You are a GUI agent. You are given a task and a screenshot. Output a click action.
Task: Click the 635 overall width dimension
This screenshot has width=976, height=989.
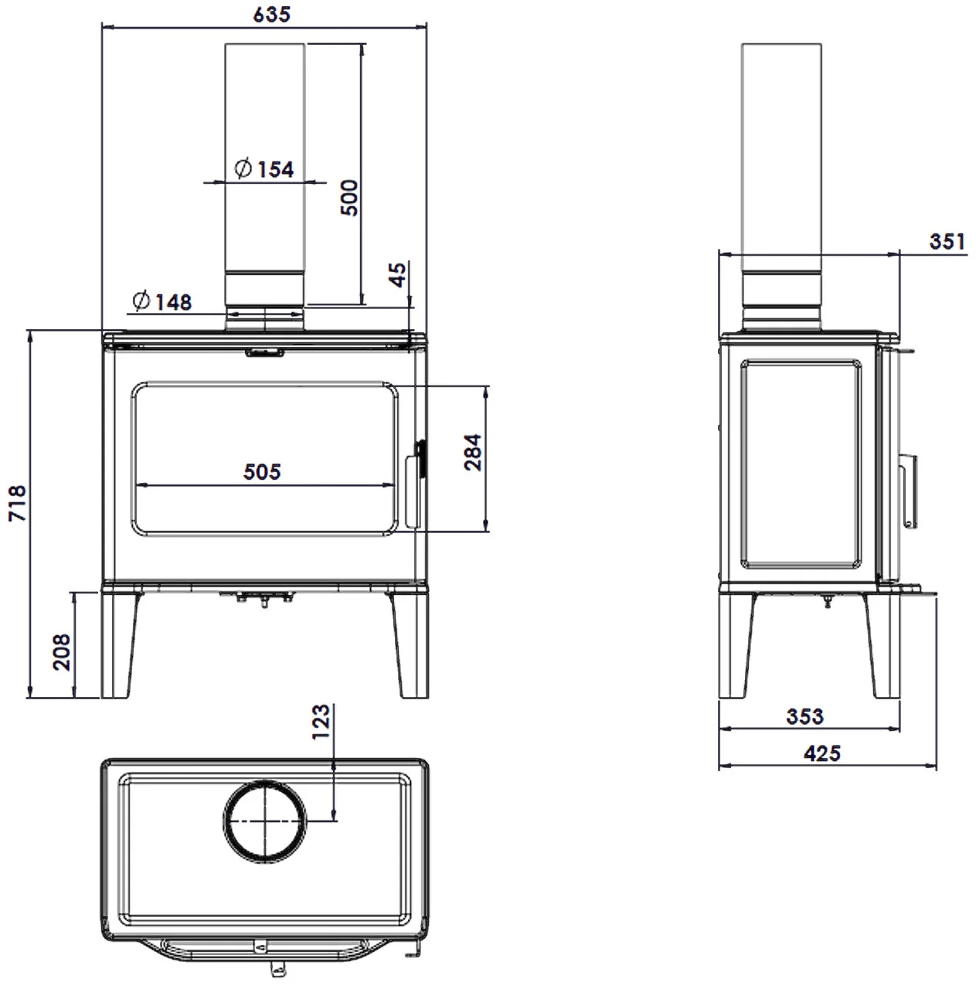pos(271,14)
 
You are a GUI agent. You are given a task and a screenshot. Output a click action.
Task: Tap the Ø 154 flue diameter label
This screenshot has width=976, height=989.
pos(264,169)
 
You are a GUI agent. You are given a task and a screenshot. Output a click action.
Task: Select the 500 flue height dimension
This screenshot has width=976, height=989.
pos(349,198)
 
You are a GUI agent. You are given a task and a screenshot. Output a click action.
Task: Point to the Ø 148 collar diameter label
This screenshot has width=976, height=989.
pos(162,301)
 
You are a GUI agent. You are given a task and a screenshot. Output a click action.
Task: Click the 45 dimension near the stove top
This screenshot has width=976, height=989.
pos(398,274)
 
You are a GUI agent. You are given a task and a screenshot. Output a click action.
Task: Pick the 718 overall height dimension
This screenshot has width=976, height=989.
pos(17,502)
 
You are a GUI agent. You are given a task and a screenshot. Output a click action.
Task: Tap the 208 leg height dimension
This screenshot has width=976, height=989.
pos(62,652)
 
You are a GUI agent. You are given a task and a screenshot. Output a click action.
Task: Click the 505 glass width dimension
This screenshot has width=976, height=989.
pos(262,471)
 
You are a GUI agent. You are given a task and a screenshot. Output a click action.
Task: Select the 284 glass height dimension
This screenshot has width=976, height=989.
pos(473,452)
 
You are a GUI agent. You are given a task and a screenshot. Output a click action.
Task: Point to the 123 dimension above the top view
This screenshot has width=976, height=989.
pos(321,721)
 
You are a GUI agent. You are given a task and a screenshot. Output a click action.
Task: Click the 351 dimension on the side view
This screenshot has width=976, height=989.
pos(947,241)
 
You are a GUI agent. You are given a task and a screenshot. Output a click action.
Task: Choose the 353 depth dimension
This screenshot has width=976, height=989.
pos(804,716)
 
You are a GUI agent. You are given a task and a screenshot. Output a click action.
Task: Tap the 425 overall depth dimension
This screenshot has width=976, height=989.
pos(822,753)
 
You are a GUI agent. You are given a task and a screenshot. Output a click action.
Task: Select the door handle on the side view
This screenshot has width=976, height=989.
pos(908,491)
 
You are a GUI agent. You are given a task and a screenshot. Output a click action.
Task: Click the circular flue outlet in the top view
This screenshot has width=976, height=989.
pos(264,821)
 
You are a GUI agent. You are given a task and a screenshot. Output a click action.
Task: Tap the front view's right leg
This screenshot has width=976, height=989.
pos(410,644)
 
